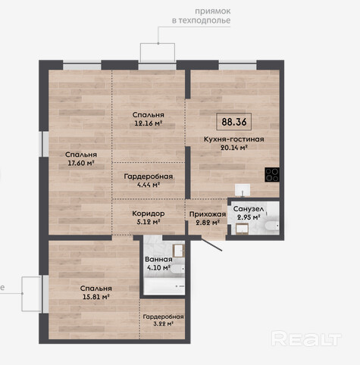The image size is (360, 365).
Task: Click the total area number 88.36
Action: [x=234, y=122]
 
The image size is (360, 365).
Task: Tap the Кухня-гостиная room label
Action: [x=234, y=139]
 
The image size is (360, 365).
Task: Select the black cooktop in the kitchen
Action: [x=272, y=175]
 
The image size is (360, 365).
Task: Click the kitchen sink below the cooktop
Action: [x=243, y=190]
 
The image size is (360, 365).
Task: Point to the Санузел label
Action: [x=249, y=209]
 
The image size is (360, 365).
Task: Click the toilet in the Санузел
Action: [x=272, y=226]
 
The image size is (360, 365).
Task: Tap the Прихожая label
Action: [x=208, y=214]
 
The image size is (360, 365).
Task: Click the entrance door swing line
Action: [x=211, y=244]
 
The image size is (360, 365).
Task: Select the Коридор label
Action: [x=149, y=214]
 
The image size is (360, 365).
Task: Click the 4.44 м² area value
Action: [x=149, y=185]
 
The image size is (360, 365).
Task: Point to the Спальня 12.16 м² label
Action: [x=149, y=119]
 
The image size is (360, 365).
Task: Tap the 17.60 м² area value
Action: [x=81, y=163]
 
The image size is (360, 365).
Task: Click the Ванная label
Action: [x=158, y=259]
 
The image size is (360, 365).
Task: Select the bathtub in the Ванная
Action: [x=164, y=286]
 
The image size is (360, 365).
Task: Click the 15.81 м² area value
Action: [x=96, y=297]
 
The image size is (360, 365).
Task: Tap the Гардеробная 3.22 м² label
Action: [x=163, y=320]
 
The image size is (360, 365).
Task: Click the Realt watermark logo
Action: [x=306, y=338]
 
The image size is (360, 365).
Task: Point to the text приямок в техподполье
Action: [x=202, y=16]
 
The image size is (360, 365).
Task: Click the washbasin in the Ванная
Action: [x=179, y=251]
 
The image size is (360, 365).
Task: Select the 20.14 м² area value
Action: [x=234, y=148]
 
